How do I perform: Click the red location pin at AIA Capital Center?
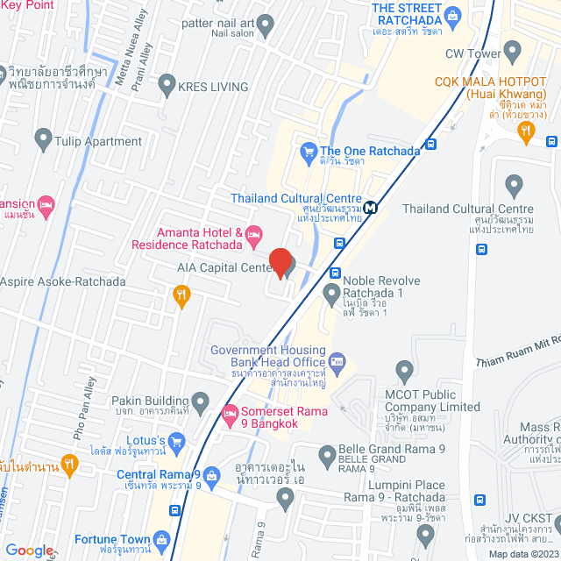click(x=280, y=262)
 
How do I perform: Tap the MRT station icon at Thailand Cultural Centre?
click(x=372, y=208)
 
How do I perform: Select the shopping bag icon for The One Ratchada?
click(x=308, y=152)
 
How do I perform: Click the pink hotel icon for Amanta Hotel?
click(x=252, y=233)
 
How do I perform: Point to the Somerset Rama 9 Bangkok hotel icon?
click(x=230, y=412)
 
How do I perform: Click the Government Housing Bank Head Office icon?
click(x=337, y=360)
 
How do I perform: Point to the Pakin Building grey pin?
click(x=201, y=401)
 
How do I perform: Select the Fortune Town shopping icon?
click(x=161, y=538)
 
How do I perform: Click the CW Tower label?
click(x=472, y=53)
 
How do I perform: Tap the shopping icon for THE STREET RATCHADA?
click(x=452, y=14)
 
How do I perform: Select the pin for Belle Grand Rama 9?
click(x=326, y=453)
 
